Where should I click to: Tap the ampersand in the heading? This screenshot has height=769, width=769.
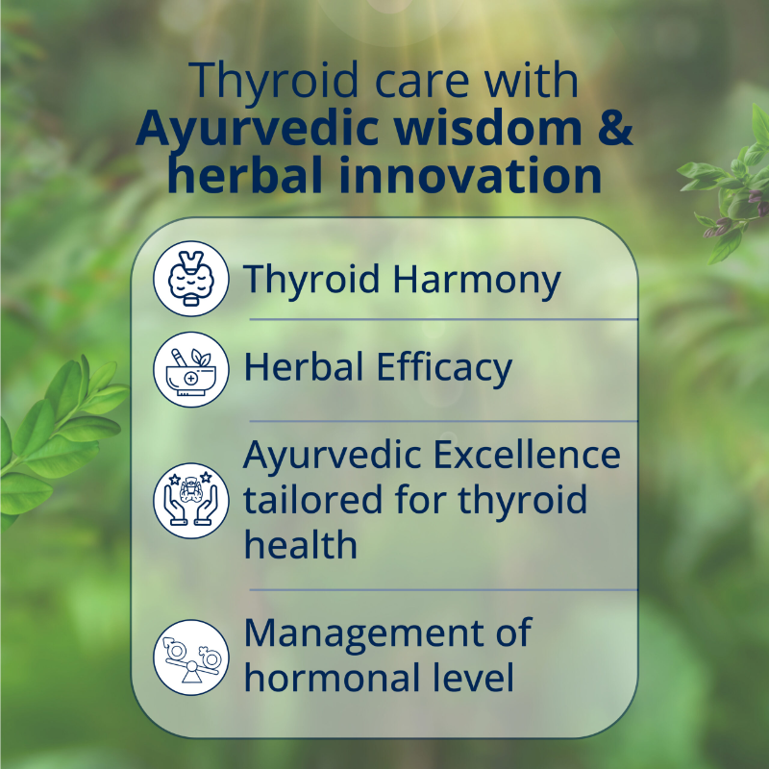[613, 131]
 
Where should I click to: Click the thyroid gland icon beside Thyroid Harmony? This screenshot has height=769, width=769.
[190, 279]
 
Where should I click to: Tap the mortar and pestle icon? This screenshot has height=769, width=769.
[190, 369]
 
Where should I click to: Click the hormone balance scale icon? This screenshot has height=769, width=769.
[190, 657]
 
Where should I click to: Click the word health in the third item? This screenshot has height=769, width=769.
[300, 545]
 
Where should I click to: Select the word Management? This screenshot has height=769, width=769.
[386, 633]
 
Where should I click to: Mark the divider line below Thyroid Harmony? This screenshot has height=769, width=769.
[442, 319]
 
